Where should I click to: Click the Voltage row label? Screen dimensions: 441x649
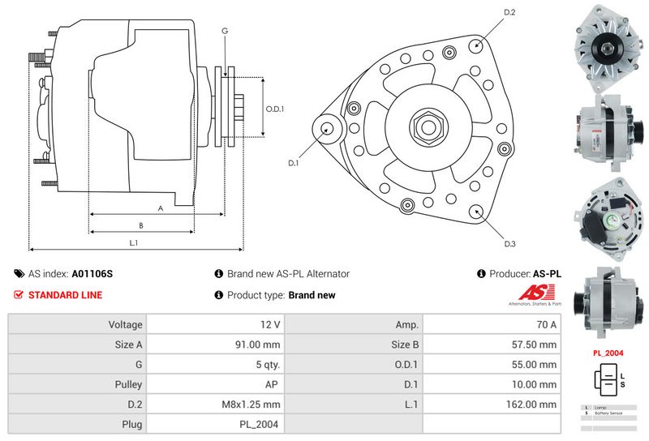click(x=125, y=325)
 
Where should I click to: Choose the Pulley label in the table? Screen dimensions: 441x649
click(x=129, y=384)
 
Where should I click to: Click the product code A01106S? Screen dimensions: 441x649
click(x=92, y=274)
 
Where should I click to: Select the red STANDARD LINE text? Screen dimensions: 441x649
click(x=65, y=295)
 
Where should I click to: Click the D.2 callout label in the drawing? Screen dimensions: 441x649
click(x=510, y=12)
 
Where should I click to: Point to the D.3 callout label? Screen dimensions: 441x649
click(x=510, y=244)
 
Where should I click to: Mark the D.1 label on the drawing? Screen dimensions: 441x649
click(x=294, y=164)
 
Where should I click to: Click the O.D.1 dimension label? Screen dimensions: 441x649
click(x=276, y=110)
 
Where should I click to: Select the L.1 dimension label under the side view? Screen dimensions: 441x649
click(x=134, y=242)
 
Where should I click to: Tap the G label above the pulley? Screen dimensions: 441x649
click(x=224, y=31)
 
